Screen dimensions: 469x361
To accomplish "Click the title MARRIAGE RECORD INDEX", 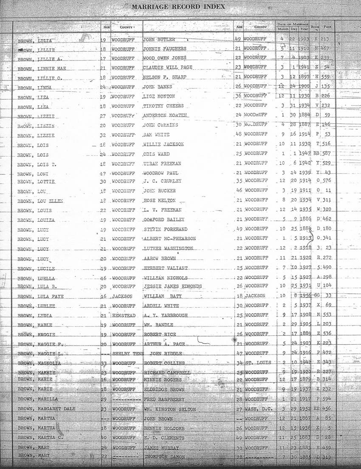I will point(178,7).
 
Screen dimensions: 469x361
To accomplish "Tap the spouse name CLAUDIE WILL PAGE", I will point(168,68).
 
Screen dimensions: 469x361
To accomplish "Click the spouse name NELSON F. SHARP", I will point(165,77).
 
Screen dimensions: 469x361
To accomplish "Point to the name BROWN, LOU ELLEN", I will point(40,200).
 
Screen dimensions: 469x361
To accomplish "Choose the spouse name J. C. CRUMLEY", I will point(162,181).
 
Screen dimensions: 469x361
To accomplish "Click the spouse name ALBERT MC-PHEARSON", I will point(169,239).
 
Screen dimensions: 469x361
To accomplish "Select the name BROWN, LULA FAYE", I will point(40,296).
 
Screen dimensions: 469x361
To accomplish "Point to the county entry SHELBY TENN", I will point(128,354).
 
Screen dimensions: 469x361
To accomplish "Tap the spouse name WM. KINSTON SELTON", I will point(169,409).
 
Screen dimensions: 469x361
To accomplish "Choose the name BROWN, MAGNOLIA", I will point(39,363).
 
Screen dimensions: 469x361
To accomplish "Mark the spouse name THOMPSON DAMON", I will point(164,456).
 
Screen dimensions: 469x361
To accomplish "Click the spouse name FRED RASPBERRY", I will point(164,399).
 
